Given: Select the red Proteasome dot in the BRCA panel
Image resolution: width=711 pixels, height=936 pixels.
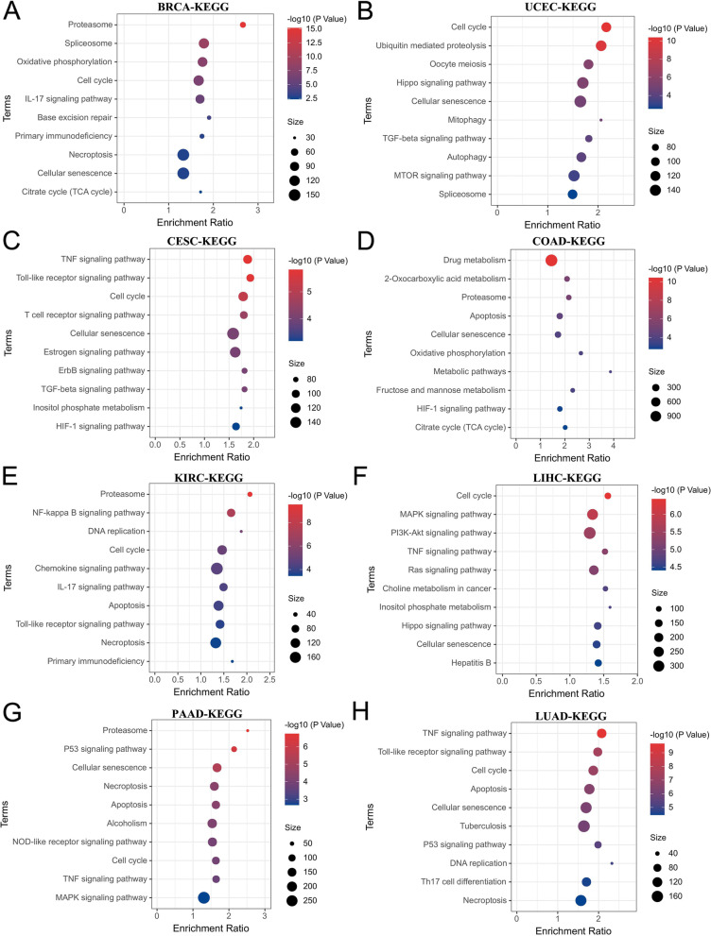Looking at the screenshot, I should [243, 26].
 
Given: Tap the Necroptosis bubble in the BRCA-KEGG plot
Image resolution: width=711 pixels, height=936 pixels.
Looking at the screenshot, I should [183, 155].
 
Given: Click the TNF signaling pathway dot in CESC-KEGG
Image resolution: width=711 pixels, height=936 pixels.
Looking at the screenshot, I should [248, 259].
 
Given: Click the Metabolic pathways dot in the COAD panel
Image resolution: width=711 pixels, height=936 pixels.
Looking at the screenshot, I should [611, 371].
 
